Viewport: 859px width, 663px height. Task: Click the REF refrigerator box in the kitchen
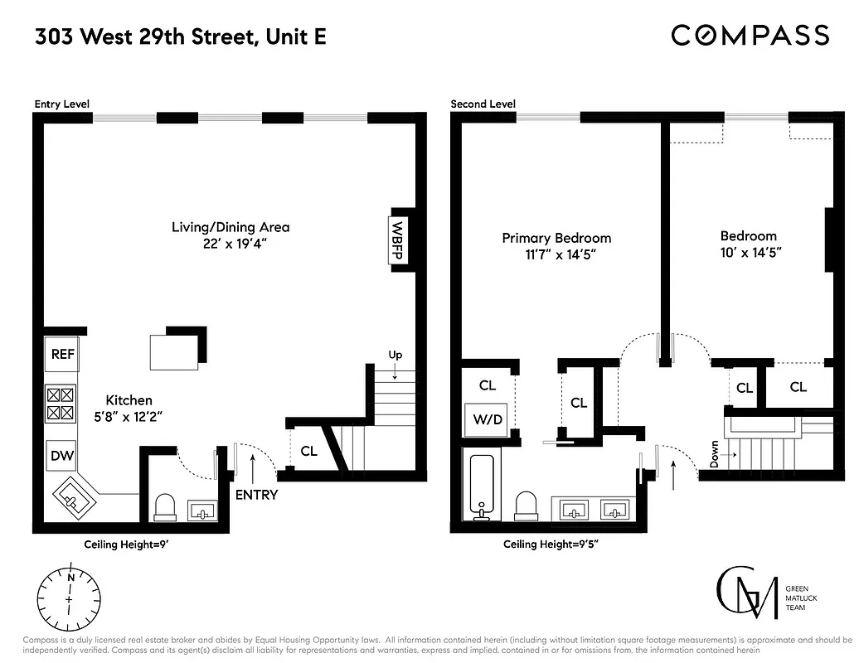(63, 355)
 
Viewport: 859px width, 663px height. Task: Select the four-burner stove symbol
(63, 404)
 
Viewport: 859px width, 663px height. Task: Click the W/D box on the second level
(488, 419)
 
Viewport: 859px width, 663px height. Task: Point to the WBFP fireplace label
(396, 240)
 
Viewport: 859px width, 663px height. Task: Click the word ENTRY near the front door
(256, 495)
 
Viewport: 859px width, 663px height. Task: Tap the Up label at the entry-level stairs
(396, 355)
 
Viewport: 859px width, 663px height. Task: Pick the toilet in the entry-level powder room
(164, 506)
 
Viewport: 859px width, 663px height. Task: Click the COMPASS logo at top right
(750, 35)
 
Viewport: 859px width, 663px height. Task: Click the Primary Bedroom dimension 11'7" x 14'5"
(556, 254)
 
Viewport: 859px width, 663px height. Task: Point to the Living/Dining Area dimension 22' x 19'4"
(231, 244)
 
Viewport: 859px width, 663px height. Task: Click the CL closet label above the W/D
(488, 385)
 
